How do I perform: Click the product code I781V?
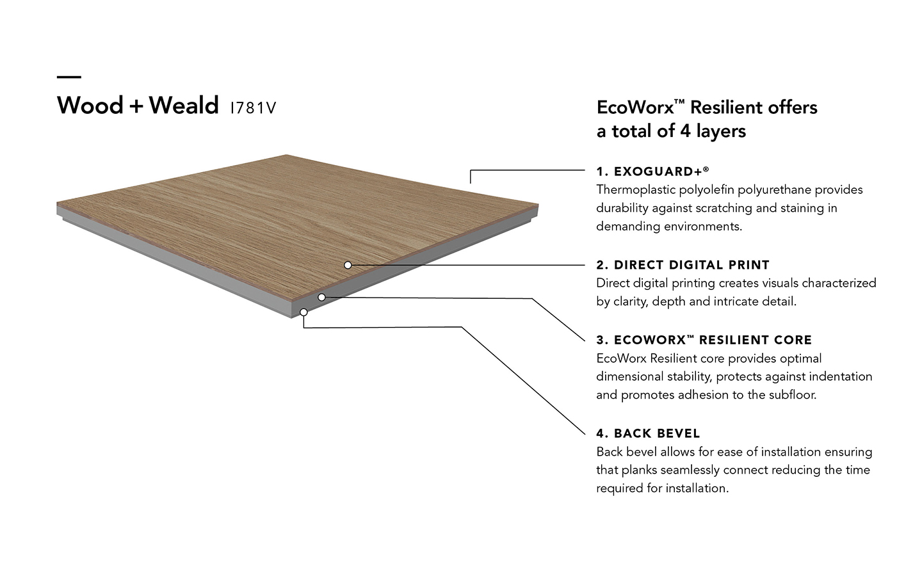tap(253, 108)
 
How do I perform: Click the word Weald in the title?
tap(184, 106)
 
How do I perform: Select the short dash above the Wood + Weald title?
tap(69, 77)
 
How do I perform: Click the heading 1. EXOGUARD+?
tap(652, 171)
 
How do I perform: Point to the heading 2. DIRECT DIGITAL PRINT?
tap(683, 265)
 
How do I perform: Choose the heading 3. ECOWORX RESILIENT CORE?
tap(704, 340)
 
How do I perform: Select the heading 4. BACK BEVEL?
tap(648, 433)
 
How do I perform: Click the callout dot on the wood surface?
tap(348, 266)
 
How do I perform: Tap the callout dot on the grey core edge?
tap(322, 297)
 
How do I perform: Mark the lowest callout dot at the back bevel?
tap(303, 312)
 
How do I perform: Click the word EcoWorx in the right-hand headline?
tap(635, 108)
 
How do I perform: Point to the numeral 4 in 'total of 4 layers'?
tap(685, 131)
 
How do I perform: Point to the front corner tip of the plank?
tap(291, 317)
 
